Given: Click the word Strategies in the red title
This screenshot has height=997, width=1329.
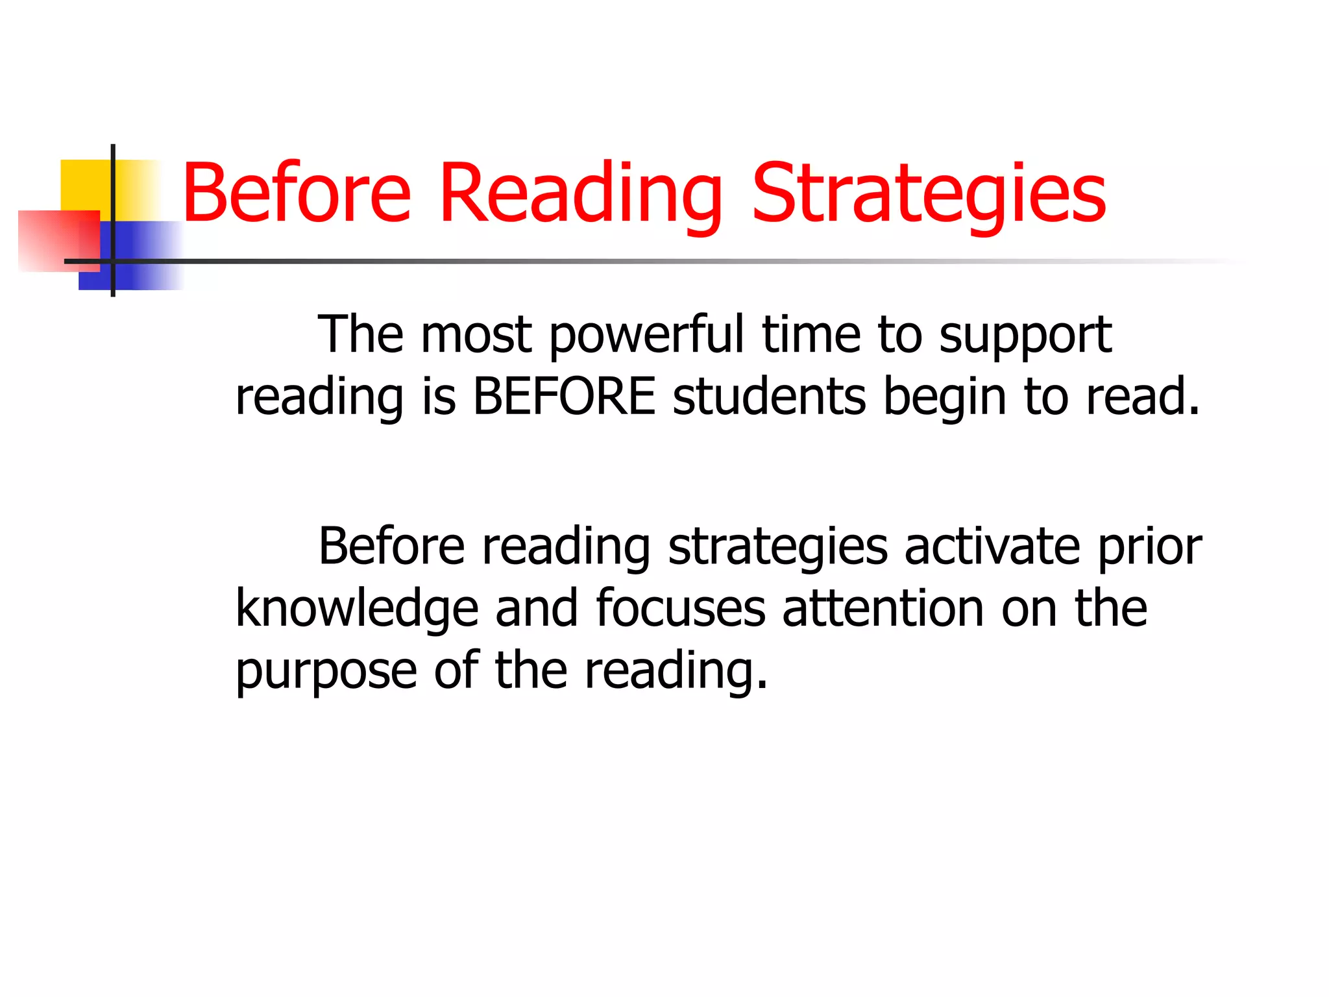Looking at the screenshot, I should [x=929, y=193].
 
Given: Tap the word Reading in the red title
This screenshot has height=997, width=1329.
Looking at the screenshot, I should [x=581, y=193].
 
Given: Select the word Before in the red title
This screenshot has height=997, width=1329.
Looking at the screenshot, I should [x=297, y=193].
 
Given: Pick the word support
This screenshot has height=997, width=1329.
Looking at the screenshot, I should [x=1025, y=336].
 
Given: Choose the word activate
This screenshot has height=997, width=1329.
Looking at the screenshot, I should [x=992, y=547].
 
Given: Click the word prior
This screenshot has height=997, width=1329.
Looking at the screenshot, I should [x=1150, y=548].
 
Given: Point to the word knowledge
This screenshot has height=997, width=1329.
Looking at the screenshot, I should [x=357, y=609].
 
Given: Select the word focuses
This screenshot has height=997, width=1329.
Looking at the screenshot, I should [x=680, y=609].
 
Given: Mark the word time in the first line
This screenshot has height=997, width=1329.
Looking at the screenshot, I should [x=811, y=335].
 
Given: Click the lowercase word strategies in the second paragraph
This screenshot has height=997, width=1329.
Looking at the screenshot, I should [x=777, y=548].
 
